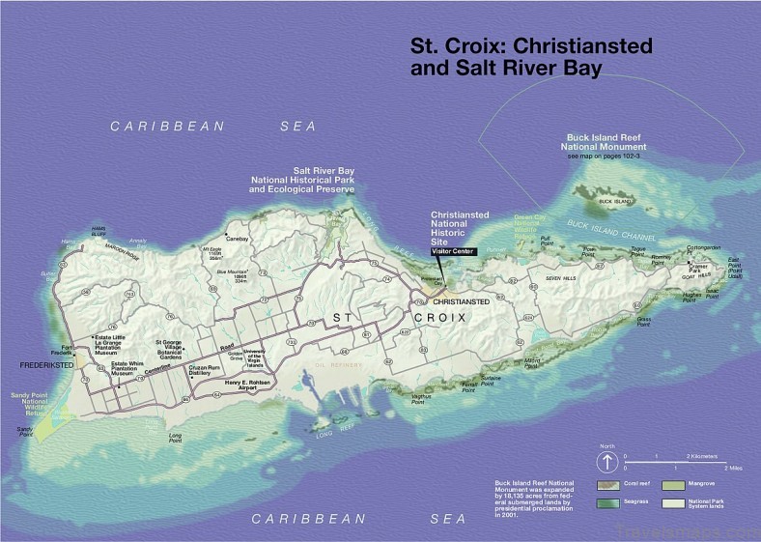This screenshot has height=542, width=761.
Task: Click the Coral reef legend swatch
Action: (x=606, y=483)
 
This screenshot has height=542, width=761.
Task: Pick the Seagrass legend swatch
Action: (x=606, y=501)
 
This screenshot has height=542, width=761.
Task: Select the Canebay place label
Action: (x=237, y=238)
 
